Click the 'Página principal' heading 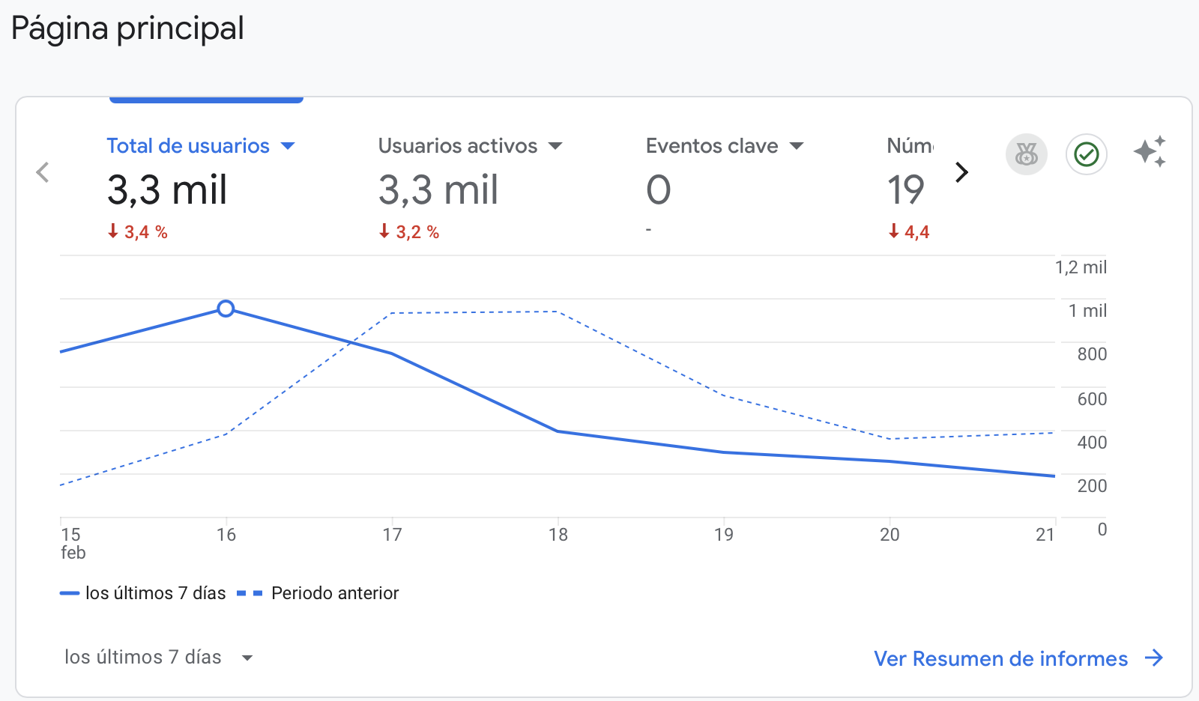pyautogui.click(x=127, y=29)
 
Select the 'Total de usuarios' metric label pyautogui.click(x=188, y=146)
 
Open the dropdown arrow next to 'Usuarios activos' pyautogui.click(x=555, y=146)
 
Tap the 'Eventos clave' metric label pyautogui.click(x=712, y=146)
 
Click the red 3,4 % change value pyautogui.click(x=138, y=232)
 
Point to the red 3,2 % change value pyautogui.click(x=409, y=232)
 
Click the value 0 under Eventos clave pyautogui.click(x=659, y=190)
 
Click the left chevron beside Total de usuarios pyautogui.click(x=43, y=172)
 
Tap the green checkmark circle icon pyautogui.click(x=1086, y=155)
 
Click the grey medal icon pyautogui.click(x=1026, y=155)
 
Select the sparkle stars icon pyautogui.click(x=1150, y=152)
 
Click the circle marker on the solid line pyautogui.click(x=226, y=309)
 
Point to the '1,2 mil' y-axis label pyautogui.click(x=1081, y=267)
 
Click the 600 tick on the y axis pyautogui.click(x=1092, y=399)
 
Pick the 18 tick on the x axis pyautogui.click(x=558, y=535)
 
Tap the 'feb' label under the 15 pyautogui.click(x=73, y=553)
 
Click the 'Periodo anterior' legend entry pyautogui.click(x=334, y=593)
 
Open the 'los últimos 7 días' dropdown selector pyautogui.click(x=158, y=658)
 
